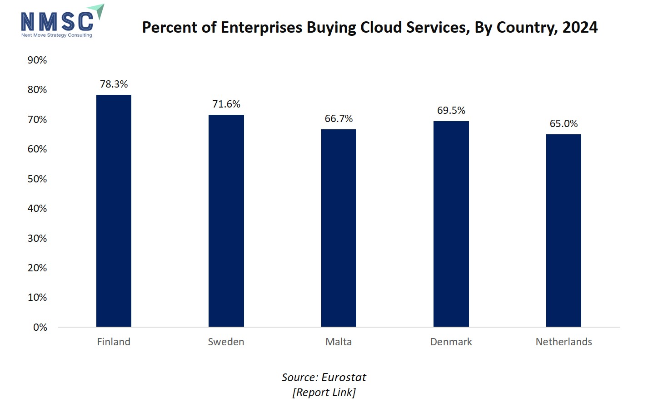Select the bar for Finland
click(x=114, y=211)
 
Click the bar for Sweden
click(x=226, y=221)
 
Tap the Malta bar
click(x=339, y=228)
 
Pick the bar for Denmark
click(x=451, y=224)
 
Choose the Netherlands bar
click(x=563, y=230)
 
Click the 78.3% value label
click(x=114, y=84)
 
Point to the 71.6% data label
click(x=226, y=104)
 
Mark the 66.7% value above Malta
click(x=339, y=118)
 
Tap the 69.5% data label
click(x=451, y=110)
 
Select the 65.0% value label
click(x=563, y=123)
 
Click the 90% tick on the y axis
click(x=37, y=60)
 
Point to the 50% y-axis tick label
click(x=37, y=179)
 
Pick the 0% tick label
click(x=40, y=327)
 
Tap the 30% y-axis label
click(x=37, y=238)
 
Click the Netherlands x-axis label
click(x=563, y=342)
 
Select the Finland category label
click(x=114, y=342)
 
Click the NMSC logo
click(x=61, y=22)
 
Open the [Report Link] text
click(x=324, y=392)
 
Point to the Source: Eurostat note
click(x=324, y=377)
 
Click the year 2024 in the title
click(x=580, y=27)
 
